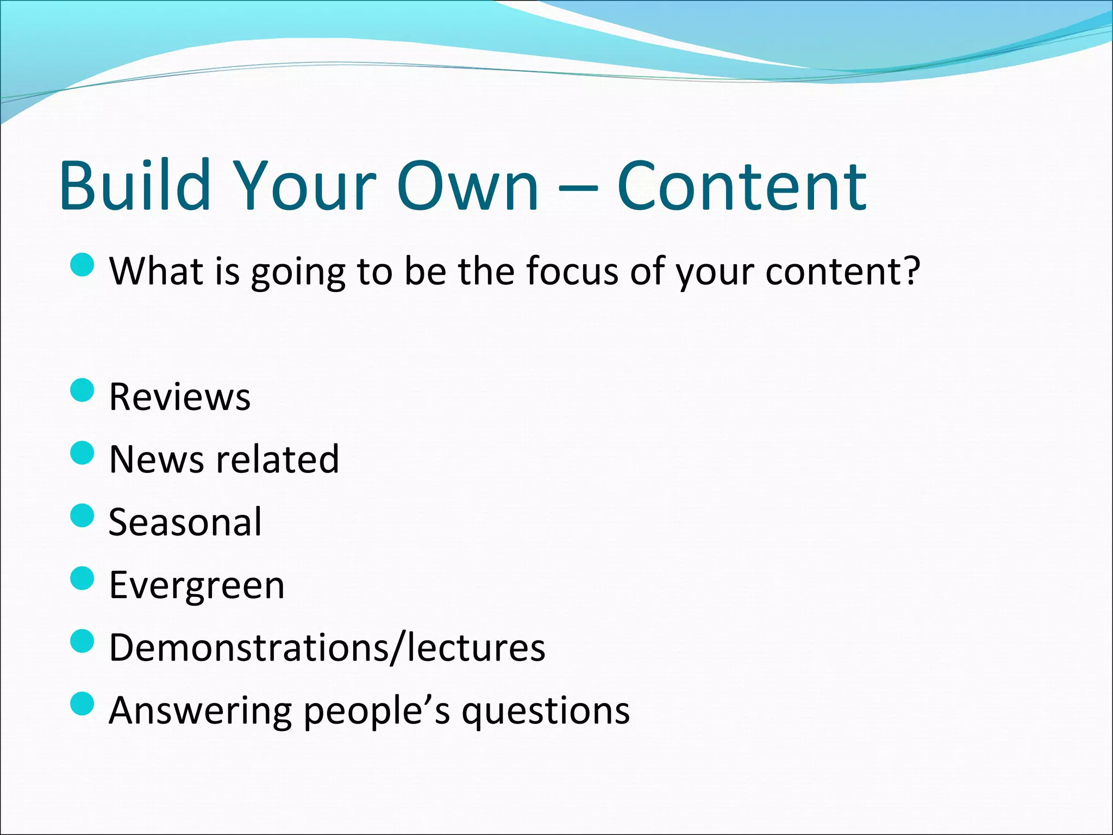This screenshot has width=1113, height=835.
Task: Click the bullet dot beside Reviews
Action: (83, 390)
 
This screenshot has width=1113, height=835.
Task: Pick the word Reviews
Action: (180, 396)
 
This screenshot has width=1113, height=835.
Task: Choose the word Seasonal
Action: (185, 522)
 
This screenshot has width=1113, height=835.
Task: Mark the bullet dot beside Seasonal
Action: (83, 515)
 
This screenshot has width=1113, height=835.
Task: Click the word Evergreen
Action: (197, 585)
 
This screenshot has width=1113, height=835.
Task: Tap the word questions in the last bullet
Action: (546, 711)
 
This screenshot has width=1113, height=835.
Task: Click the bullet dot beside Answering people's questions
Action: (83, 704)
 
